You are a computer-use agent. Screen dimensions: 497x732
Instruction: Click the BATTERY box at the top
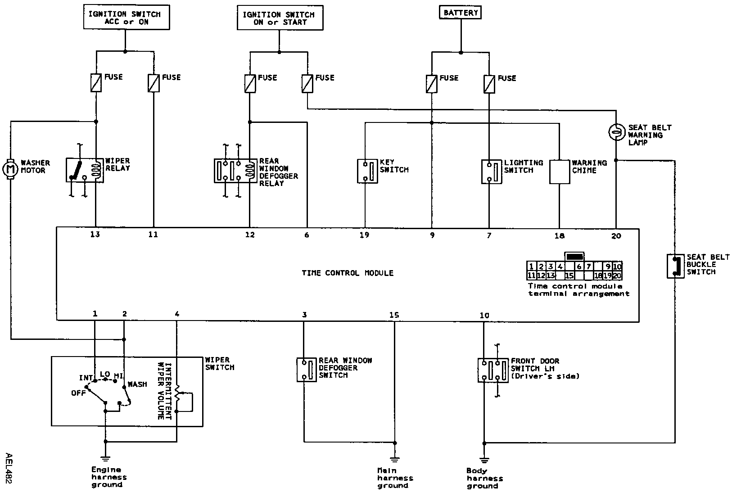(460, 13)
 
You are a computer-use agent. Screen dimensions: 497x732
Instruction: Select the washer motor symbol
(10, 169)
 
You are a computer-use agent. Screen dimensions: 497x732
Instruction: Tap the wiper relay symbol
(85, 170)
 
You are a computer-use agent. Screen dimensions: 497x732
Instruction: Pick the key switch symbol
(368, 171)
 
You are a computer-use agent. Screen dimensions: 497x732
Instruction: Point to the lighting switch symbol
(492, 171)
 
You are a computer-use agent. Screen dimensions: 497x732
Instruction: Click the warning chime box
(560, 171)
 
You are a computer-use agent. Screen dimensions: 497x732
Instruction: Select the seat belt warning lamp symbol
(615, 131)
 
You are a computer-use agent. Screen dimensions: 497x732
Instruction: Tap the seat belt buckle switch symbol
(675, 266)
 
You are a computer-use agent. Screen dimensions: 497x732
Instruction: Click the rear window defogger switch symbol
(307, 370)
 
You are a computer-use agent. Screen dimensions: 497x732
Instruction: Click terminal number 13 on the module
(95, 235)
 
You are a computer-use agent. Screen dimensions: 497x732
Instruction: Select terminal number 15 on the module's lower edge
(394, 315)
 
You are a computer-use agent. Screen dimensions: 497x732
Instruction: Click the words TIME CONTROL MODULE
(347, 273)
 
